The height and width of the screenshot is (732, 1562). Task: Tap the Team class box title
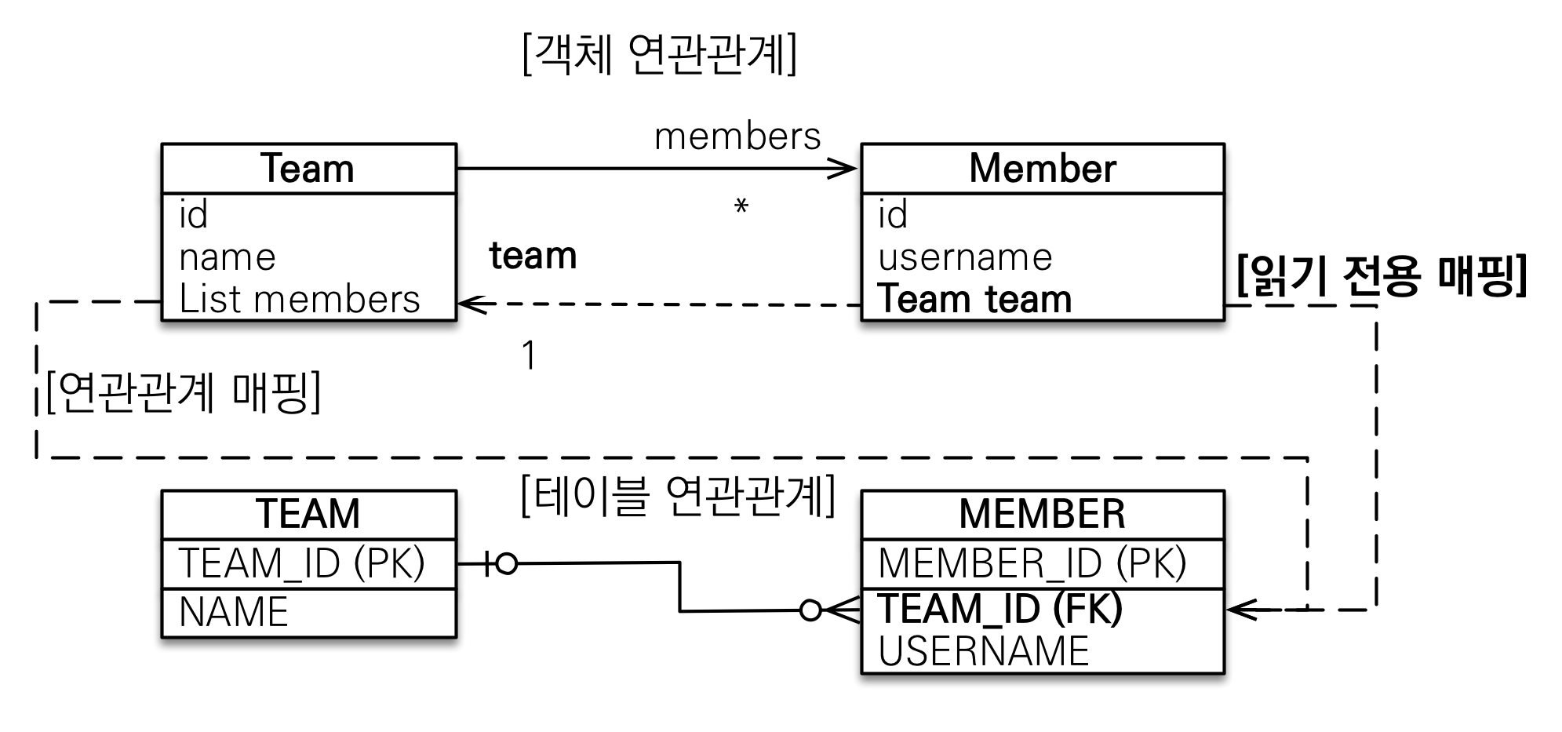pyautogui.click(x=308, y=169)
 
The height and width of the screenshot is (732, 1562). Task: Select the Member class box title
pyautogui.click(x=1042, y=169)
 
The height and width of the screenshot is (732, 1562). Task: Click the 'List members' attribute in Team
pyautogui.click(x=300, y=300)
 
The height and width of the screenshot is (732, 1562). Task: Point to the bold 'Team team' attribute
pyautogui.click(x=974, y=300)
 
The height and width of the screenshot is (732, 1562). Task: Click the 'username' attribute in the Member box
pyautogui.click(x=965, y=257)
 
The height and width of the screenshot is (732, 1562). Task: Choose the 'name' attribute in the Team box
pyautogui.click(x=228, y=257)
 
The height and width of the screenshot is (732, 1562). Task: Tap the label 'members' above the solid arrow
pyautogui.click(x=737, y=137)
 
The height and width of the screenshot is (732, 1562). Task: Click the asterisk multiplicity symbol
pyautogui.click(x=741, y=208)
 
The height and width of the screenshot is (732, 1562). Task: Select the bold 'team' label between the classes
pyautogui.click(x=533, y=256)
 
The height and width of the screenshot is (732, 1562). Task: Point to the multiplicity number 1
pyautogui.click(x=530, y=356)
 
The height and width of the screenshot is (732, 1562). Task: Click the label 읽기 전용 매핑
pyautogui.click(x=1381, y=275)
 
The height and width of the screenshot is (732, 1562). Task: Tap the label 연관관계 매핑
pyautogui.click(x=184, y=392)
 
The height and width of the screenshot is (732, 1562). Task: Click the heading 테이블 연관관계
pyautogui.click(x=678, y=496)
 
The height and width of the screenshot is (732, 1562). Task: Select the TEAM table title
pyautogui.click(x=308, y=515)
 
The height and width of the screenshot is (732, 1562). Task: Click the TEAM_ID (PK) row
pyautogui.click(x=302, y=563)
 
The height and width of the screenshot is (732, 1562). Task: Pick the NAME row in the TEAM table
pyautogui.click(x=234, y=612)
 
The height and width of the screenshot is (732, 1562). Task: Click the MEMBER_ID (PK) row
pyautogui.click(x=1032, y=563)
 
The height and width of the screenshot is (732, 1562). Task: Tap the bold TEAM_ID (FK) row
pyautogui.click(x=1000, y=609)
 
